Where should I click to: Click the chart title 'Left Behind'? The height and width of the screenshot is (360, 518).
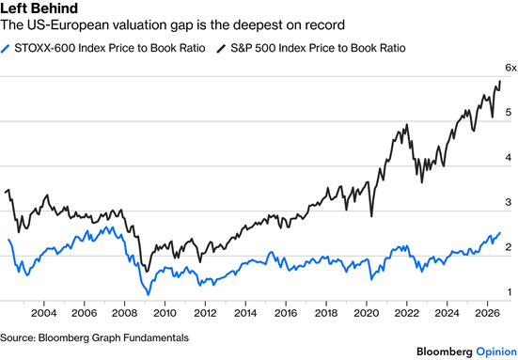(x=39, y=8)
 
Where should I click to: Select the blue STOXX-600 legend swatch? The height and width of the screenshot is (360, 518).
(x=5, y=49)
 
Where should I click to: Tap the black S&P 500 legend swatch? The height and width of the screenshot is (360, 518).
(x=221, y=49)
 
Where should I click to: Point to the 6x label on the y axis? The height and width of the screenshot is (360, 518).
(x=510, y=68)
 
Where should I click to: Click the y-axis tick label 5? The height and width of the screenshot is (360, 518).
(x=508, y=112)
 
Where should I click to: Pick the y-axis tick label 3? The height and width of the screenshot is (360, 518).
(x=508, y=202)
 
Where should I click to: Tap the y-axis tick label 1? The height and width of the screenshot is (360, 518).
(x=510, y=292)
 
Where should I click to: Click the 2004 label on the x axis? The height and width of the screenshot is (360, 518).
(x=43, y=313)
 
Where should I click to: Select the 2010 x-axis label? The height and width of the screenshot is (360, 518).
(x=165, y=313)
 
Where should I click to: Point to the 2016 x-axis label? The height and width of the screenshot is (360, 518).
(x=286, y=313)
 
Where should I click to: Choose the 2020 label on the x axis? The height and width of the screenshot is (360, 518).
(x=367, y=313)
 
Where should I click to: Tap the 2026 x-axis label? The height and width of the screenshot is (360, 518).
(x=487, y=313)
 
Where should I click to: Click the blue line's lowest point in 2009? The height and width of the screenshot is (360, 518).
(x=148, y=294)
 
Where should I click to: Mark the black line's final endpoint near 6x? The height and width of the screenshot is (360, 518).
(x=500, y=81)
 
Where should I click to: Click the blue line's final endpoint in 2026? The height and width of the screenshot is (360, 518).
(x=500, y=233)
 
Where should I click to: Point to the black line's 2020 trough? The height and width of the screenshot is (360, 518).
(x=371, y=217)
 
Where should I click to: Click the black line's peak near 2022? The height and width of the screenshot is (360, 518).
(x=407, y=124)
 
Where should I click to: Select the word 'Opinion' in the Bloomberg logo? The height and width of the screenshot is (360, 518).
(x=496, y=352)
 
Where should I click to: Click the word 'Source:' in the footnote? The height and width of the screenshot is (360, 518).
(x=18, y=337)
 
